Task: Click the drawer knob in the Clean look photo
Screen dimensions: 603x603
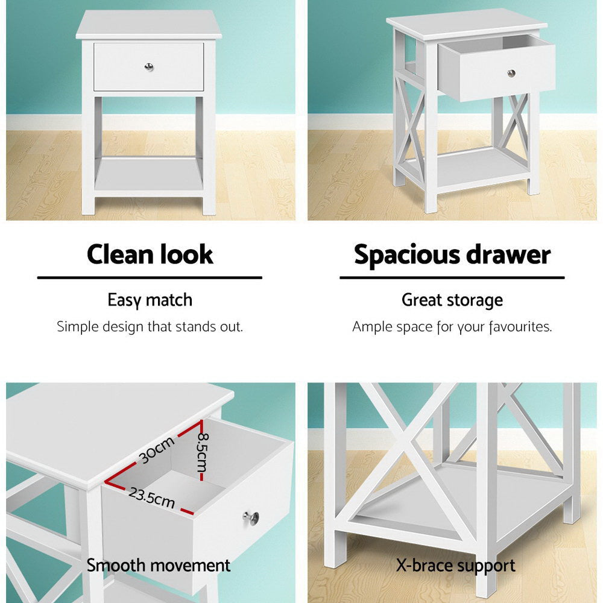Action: pos(148,65)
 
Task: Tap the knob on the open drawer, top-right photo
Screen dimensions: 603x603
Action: pos(511,73)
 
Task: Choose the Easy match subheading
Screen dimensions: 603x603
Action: pos(150,300)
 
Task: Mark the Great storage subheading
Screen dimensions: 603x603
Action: pos(452,300)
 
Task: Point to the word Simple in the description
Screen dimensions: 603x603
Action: pos(75,327)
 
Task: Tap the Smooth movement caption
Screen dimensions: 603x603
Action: pos(158,566)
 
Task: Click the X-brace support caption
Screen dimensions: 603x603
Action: pos(455,566)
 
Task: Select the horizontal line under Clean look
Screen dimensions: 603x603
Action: pos(150,277)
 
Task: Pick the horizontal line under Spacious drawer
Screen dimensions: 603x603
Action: pos(452,277)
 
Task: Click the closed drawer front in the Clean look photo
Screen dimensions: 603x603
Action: pos(121,66)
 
